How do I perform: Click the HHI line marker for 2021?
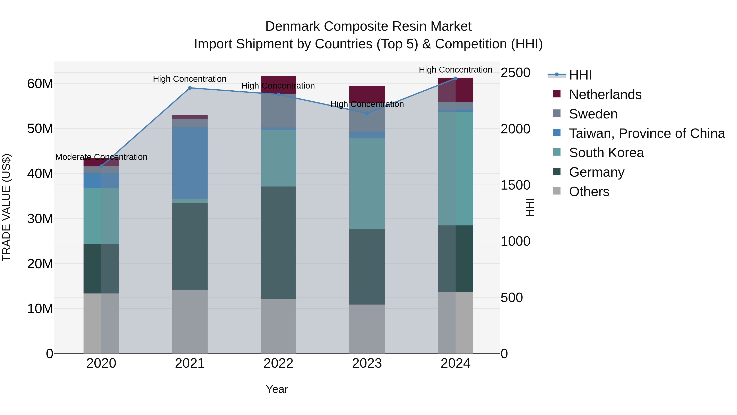pos(190,88)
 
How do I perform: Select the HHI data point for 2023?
pos(367,113)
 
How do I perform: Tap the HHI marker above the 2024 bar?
pos(456,78)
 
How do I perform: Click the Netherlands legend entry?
pos(605,94)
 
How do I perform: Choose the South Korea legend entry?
pos(606,153)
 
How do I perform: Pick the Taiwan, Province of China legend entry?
pos(647,133)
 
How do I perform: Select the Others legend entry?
pos(589,192)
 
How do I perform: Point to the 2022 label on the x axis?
pos(278,363)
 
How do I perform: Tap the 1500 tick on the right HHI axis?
pos(515,185)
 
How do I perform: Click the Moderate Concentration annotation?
pos(101,157)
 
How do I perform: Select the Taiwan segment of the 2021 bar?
pos(190,163)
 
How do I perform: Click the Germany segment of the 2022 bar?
pos(278,243)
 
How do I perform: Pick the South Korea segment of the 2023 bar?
pos(367,183)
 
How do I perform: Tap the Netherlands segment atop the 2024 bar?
pos(456,90)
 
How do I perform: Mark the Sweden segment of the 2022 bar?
pos(278,110)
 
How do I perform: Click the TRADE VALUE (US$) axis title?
pos(6,207)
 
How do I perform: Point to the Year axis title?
pos(277,389)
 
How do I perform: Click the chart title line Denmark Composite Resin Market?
pos(368,26)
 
